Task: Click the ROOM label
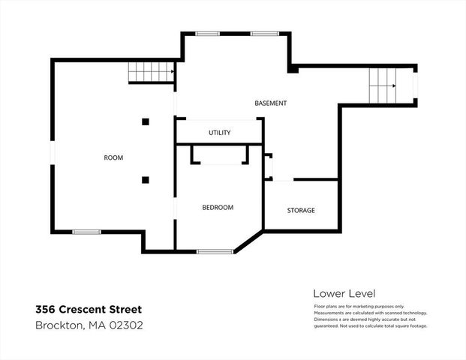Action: tap(113, 157)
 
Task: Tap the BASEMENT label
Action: tap(270, 103)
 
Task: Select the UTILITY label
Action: tap(219, 133)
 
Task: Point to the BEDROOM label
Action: tap(218, 207)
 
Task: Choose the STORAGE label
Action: tap(301, 210)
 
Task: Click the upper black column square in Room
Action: tap(146, 121)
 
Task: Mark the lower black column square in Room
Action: tap(146, 179)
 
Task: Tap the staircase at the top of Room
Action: tap(151, 72)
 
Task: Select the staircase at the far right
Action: tap(382, 85)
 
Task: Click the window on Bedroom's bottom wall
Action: tap(215, 251)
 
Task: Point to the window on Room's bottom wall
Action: tap(86, 232)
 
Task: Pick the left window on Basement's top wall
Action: tap(208, 34)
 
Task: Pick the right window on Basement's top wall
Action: tap(264, 34)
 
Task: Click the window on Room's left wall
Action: tap(53, 151)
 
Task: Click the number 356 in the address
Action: tap(47, 309)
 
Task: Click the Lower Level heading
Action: tap(344, 293)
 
